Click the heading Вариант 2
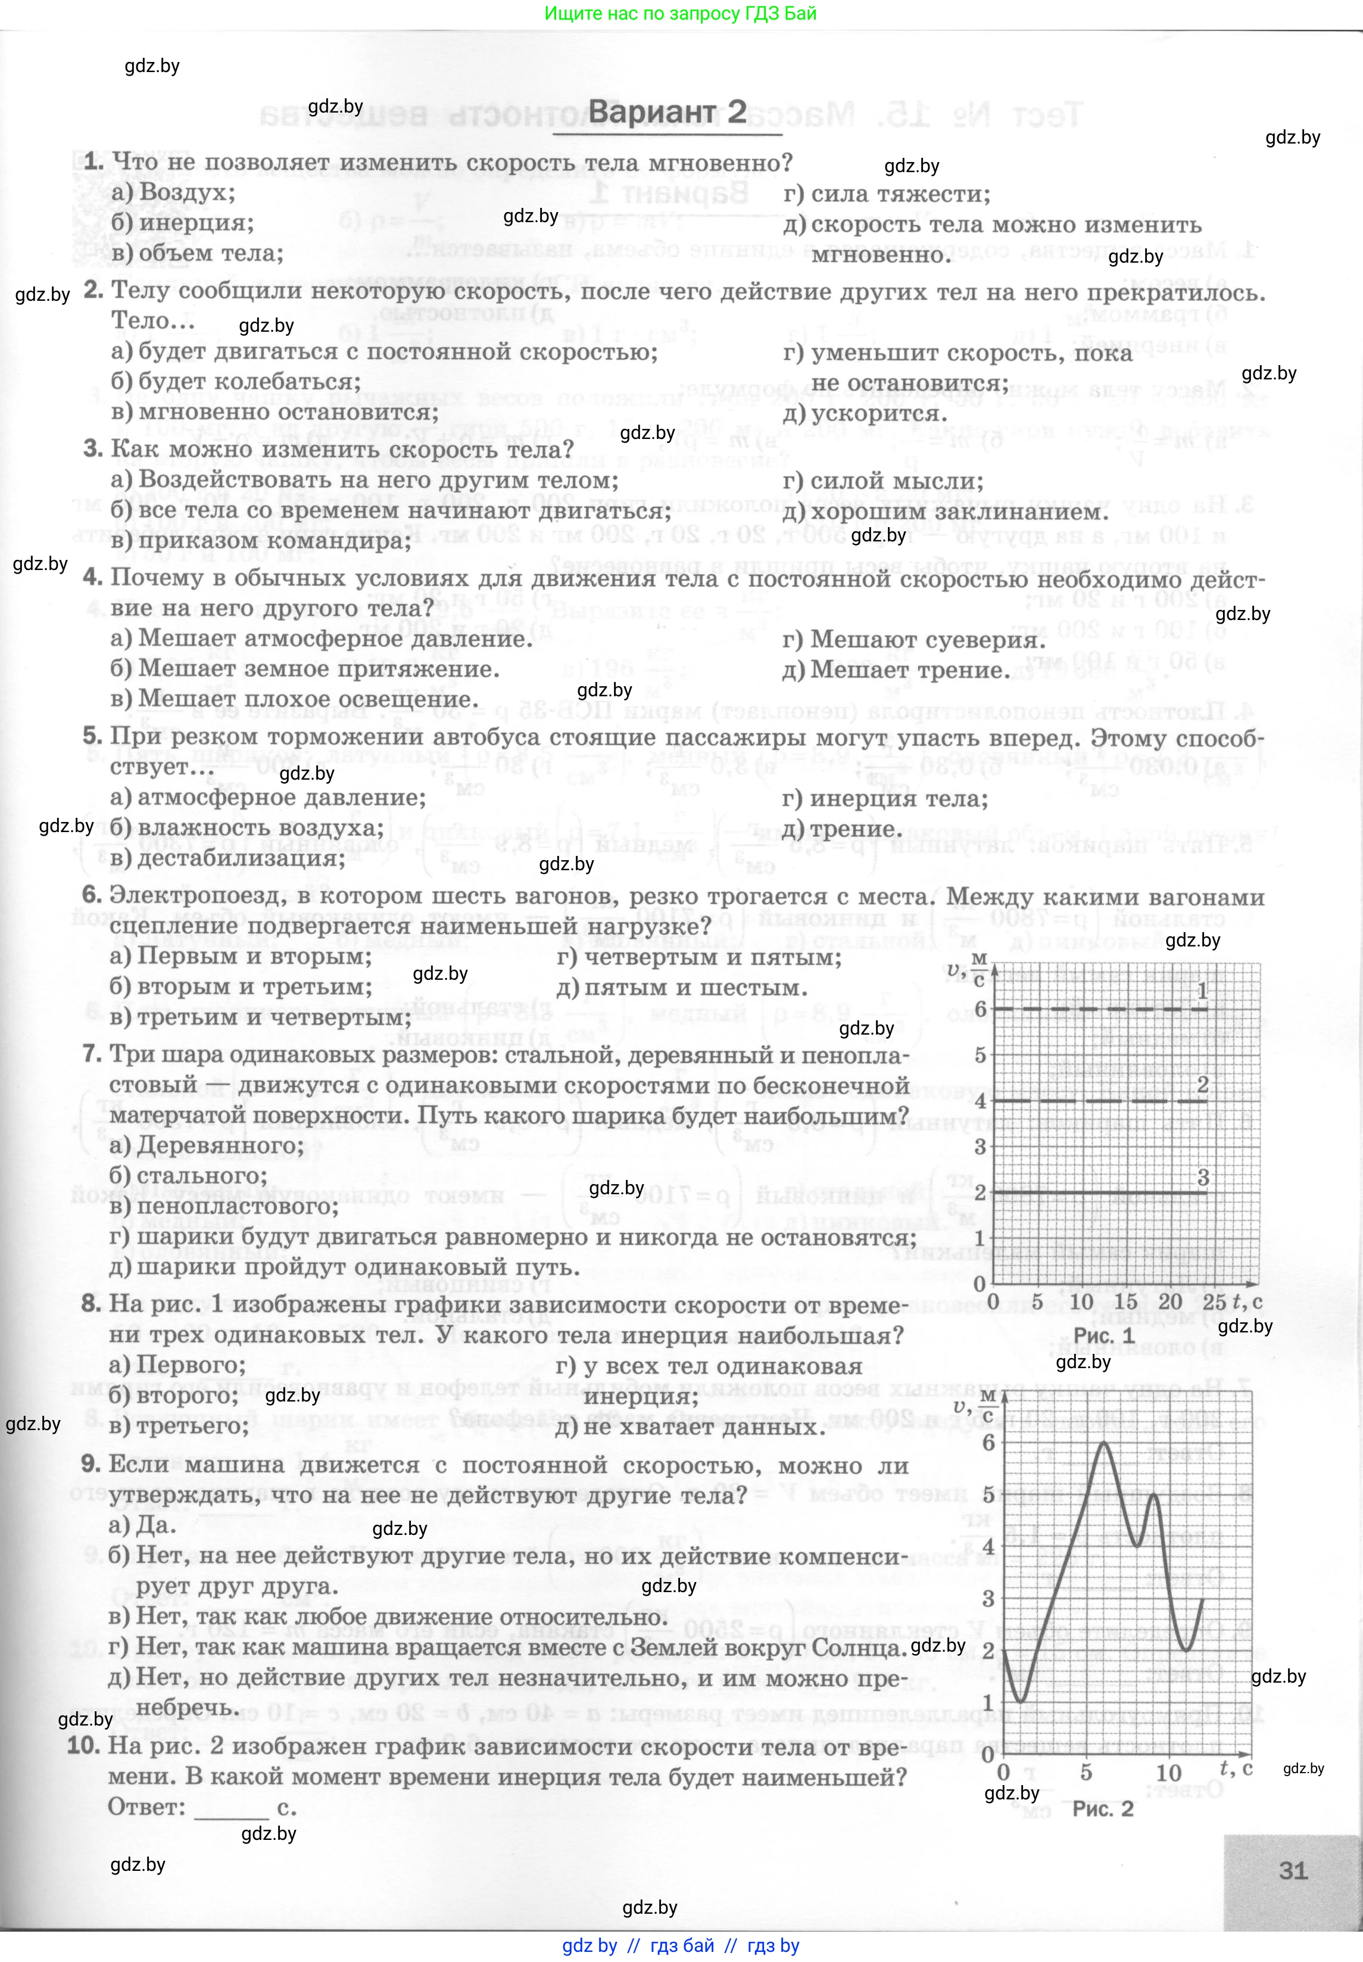[x=666, y=113]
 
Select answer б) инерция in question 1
[x=183, y=223]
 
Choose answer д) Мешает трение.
[x=895, y=671]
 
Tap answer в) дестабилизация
[x=227, y=858]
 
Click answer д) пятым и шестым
[x=681, y=988]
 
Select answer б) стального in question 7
[x=188, y=1176]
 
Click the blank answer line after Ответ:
[x=232, y=1809]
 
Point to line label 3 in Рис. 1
[x=1202, y=1178]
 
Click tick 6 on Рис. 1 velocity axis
[x=980, y=1010]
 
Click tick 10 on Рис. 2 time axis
[x=1168, y=1773]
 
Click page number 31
[x=1293, y=1871]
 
